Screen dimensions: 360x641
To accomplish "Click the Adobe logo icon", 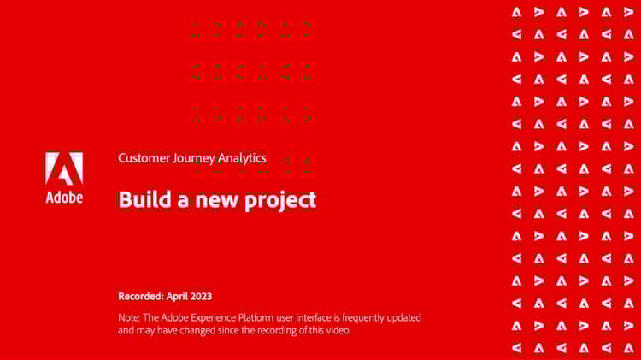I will click(64, 169).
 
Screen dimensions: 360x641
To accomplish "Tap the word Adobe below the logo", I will click(64, 198).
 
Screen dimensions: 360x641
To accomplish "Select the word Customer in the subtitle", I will click(142, 158).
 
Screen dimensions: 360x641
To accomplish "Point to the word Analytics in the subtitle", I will click(242, 158).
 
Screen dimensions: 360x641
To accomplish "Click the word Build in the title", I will click(138, 199).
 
